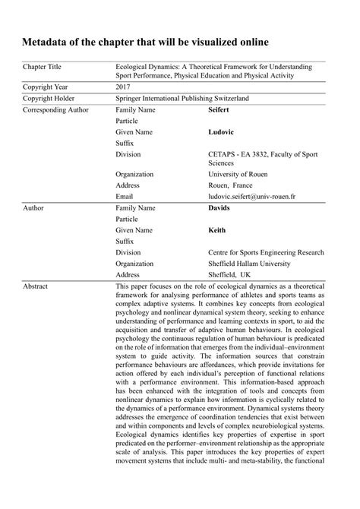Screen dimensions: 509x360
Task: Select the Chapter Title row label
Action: coord(45,68)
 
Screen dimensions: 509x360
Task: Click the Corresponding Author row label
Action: coord(56,110)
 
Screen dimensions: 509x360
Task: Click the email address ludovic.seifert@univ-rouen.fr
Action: coord(252,195)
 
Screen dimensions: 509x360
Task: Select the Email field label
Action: coord(125,195)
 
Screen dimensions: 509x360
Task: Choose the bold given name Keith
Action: coord(218,229)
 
